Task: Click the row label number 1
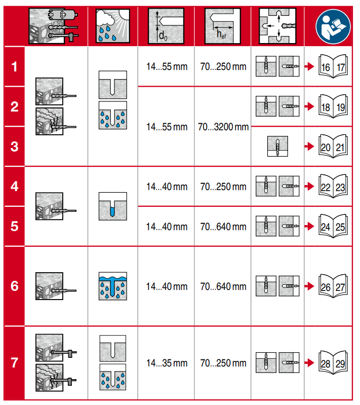14,66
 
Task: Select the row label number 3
14,146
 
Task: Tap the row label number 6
14,286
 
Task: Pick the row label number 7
14,363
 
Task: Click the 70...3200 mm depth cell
223,127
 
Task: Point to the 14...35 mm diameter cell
167,363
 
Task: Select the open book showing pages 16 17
332,66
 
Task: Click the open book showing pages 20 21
332,146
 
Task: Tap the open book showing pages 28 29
332,363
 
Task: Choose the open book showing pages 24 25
332,226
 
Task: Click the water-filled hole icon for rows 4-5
112,206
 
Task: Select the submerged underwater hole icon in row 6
112,286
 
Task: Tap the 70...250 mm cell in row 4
223,187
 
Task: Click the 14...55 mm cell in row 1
167,66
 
